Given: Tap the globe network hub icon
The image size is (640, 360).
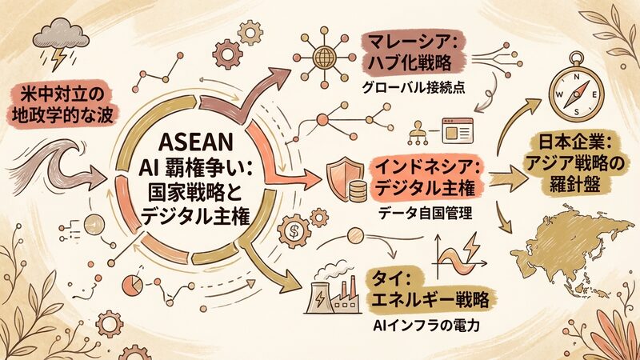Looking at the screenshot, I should point(326,57).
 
